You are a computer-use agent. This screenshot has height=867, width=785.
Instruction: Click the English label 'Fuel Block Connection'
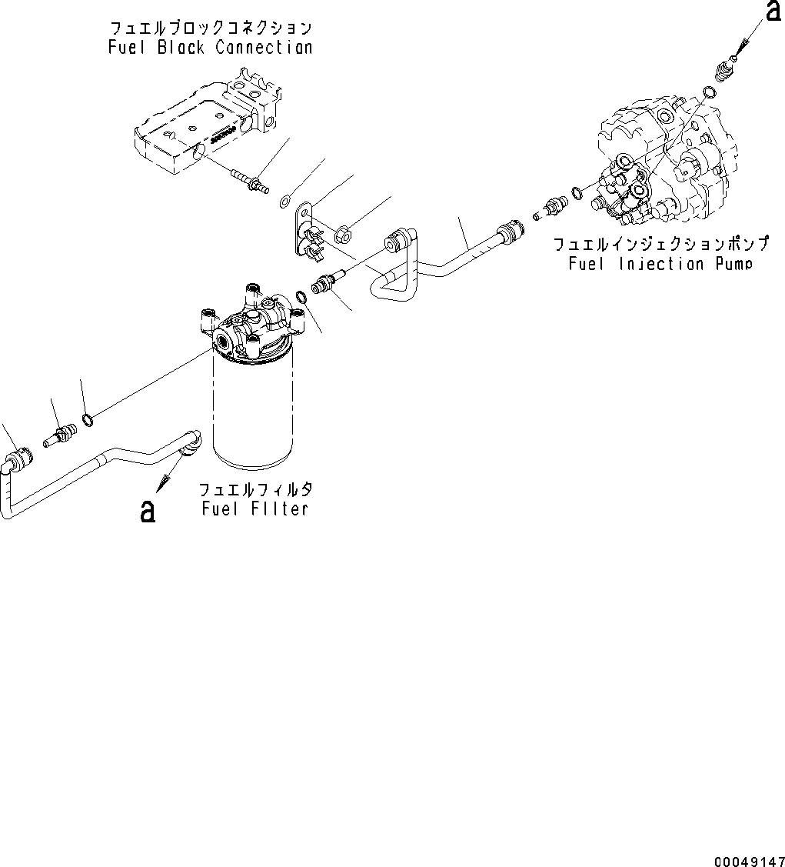click(210, 48)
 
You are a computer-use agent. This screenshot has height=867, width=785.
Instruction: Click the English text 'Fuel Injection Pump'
click(659, 264)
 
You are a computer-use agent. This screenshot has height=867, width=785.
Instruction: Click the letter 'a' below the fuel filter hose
click(148, 511)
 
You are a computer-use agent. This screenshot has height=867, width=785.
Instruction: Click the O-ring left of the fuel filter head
click(89, 418)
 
